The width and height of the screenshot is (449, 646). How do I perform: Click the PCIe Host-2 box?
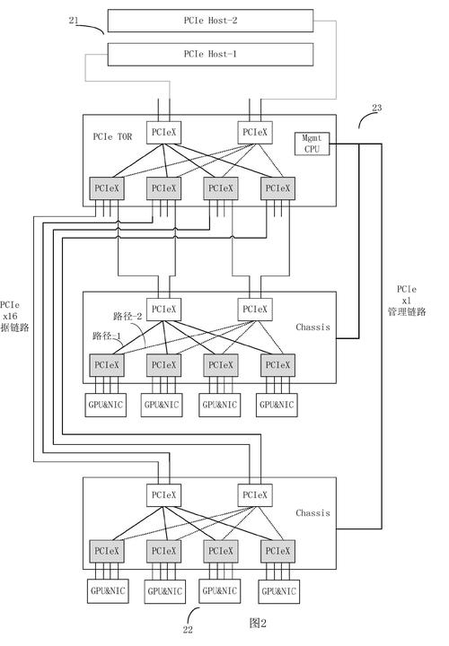click(210, 19)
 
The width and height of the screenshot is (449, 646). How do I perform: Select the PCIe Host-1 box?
click(210, 54)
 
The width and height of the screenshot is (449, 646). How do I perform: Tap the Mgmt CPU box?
click(311, 144)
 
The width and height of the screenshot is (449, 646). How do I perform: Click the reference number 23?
click(376, 108)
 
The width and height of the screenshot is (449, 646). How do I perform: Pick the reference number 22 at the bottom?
click(188, 630)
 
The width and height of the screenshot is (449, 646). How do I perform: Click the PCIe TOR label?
click(114, 136)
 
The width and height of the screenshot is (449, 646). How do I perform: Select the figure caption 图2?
click(259, 621)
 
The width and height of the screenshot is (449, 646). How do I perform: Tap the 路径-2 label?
click(128, 317)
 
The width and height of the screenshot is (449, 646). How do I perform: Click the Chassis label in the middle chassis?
click(313, 327)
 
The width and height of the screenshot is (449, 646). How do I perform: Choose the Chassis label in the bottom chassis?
click(313, 513)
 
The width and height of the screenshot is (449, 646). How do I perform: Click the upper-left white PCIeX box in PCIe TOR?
click(163, 132)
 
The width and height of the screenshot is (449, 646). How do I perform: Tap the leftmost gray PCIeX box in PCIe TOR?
click(106, 188)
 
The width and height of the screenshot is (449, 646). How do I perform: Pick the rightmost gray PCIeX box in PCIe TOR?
click(276, 188)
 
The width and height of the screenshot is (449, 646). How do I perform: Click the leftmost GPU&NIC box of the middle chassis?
click(106, 406)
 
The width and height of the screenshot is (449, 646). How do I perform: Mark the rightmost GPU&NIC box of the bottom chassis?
click(278, 591)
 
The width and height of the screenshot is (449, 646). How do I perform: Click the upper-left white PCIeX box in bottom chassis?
click(163, 494)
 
